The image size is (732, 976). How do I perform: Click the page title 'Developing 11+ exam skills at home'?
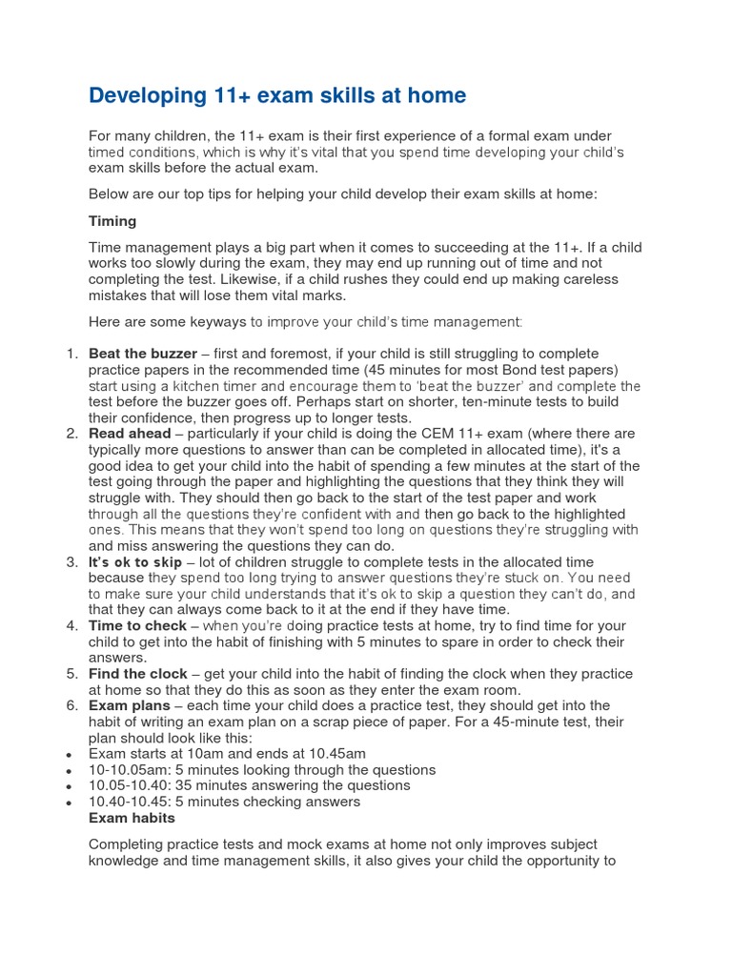click(277, 96)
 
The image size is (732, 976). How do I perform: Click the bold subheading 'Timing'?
click(112, 221)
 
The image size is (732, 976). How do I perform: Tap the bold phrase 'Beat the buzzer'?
click(143, 355)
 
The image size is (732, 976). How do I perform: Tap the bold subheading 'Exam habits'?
click(132, 818)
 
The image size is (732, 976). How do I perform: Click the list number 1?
click(71, 355)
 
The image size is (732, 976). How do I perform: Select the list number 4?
click(71, 626)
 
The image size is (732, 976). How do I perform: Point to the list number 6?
click(71, 706)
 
